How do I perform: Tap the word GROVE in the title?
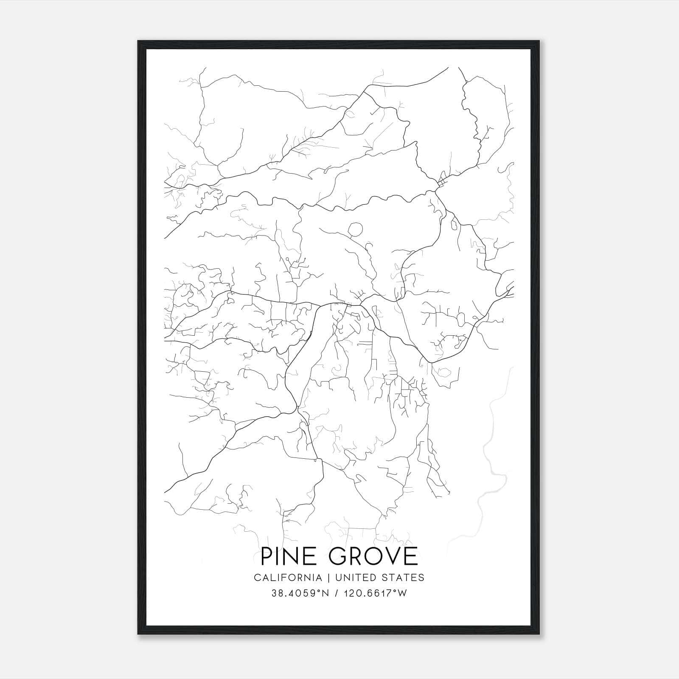point(373,556)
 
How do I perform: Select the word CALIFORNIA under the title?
point(288,578)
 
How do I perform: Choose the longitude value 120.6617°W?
point(374,593)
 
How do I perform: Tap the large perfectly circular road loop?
point(356,230)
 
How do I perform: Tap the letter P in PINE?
point(267,556)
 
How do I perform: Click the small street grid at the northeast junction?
point(442,182)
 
